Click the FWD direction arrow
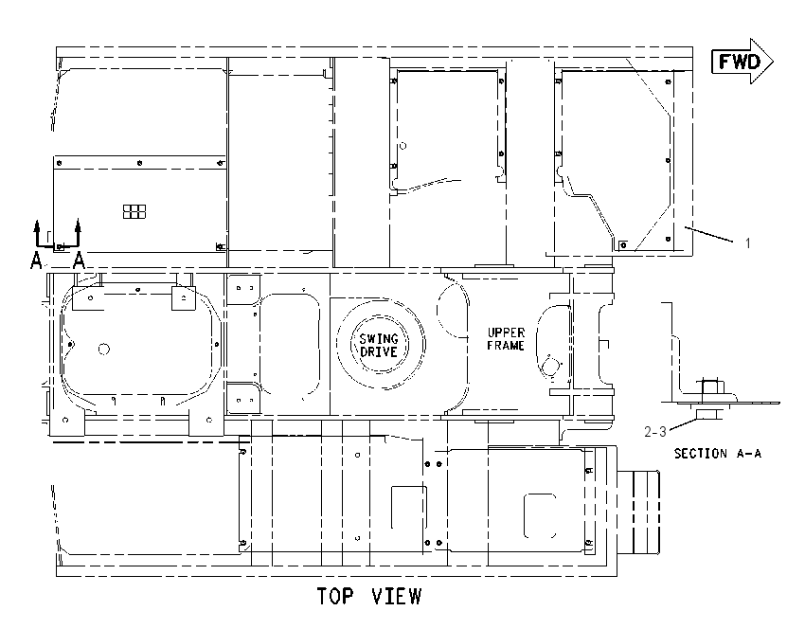point(742,62)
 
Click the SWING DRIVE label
point(379,345)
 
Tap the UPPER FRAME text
point(506,339)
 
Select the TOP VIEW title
point(369,596)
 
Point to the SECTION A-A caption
point(717,454)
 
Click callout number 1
point(748,243)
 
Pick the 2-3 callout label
point(655,432)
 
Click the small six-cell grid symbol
point(134,211)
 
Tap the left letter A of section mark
point(36,261)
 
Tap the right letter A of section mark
point(79,261)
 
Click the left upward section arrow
point(37,233)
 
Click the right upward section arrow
point(78,233)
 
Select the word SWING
point(379,339)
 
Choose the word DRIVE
point(379,351)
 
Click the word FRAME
point(506,346)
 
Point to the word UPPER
point(506,332)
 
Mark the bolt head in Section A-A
point(709,387)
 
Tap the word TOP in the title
point(335,596)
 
